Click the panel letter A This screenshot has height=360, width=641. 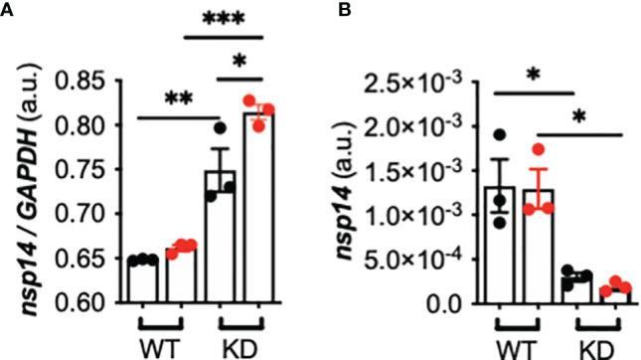coord(9,10)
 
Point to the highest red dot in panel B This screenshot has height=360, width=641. coord(538,150)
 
